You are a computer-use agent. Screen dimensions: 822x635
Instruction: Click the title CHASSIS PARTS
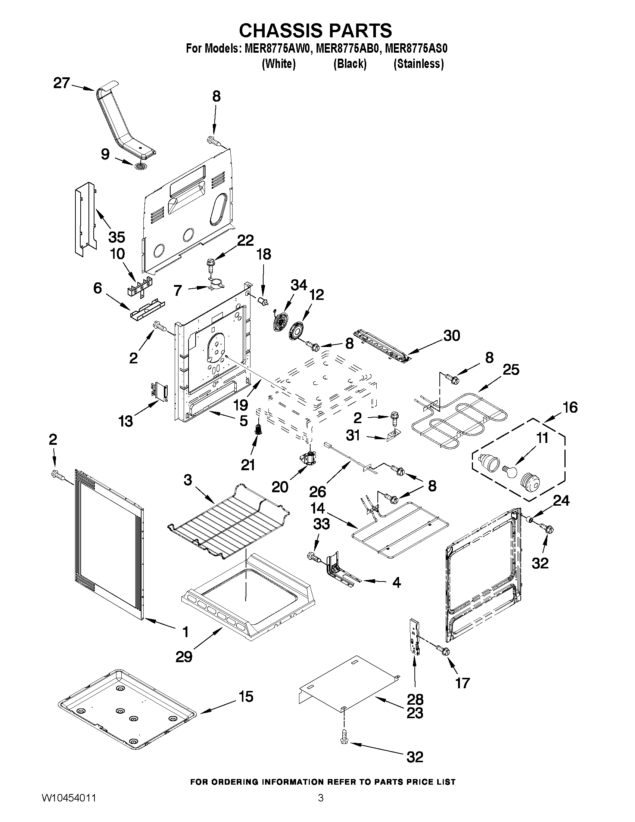pos(315,30)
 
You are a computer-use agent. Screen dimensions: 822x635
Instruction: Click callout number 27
pos(61,83)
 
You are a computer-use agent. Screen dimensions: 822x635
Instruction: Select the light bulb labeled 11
pos(510,471)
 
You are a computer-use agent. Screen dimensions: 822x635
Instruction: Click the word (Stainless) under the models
pos(418,64)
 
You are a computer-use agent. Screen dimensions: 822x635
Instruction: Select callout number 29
pos(184,657)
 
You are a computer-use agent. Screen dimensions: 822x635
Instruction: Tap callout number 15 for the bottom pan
pos(246,696)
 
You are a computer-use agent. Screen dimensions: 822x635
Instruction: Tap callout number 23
pos(414,713)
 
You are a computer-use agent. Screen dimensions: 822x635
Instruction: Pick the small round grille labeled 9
pos(141,166)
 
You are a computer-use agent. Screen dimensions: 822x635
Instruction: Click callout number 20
pos(280,487)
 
